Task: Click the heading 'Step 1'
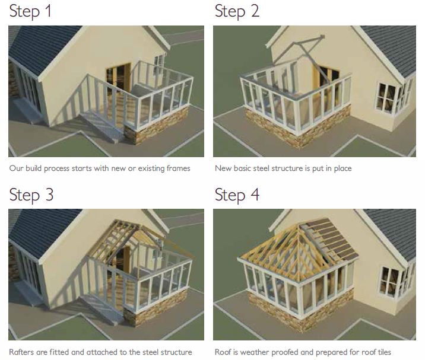30,11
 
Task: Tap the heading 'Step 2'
237,11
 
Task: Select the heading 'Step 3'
31,195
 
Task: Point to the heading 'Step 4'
237,195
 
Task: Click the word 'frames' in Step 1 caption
178,168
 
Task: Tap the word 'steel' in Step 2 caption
261,168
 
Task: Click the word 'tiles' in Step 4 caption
383,352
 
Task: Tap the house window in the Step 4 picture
389,282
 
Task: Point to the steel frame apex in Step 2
322,37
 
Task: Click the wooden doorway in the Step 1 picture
119,77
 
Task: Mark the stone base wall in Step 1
157,125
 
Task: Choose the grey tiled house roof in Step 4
393,232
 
